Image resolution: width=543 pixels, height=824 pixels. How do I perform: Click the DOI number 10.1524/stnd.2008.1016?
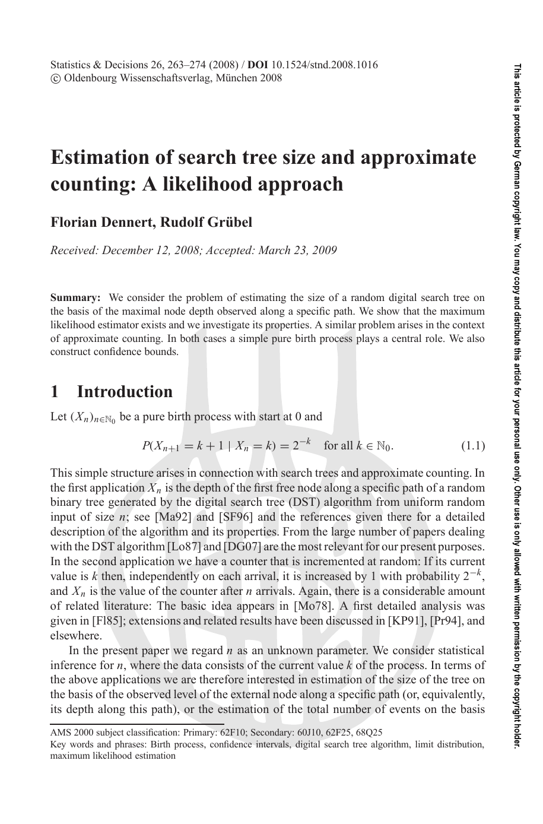click(x=325, y=65)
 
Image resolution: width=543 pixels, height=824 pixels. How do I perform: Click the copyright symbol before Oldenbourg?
click(x=55, y=78)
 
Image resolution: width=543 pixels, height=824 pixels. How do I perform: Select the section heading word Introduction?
click(x=125, y=392)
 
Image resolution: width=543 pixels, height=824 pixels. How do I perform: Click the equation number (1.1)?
click(x=473, y=446)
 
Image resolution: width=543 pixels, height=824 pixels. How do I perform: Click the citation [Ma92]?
click(x=172, y=517)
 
